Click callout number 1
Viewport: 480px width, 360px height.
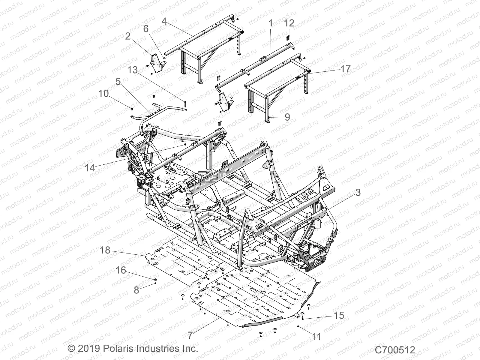click(x=271, y=23)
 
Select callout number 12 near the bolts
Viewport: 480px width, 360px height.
click(x=289, y=23)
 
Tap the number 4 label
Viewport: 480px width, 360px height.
click(x=164, y=21)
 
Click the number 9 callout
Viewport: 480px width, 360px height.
click(x=287, y=117)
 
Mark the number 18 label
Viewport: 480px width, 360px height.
click(x=105, y=250)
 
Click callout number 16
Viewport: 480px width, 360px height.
click(x=121, y=270)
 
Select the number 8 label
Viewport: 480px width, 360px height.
click(x=136, y=290)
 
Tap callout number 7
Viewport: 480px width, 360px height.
click(x=190, y=335)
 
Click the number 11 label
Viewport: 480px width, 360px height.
click(x=317, y=337)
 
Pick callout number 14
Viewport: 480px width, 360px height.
click(x=90, y=168)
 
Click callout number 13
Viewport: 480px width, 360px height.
click(x=132, y=70)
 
